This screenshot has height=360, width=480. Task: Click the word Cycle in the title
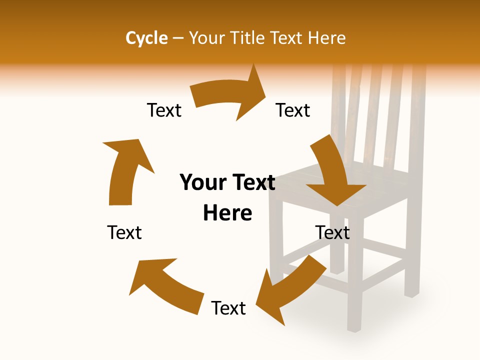146,38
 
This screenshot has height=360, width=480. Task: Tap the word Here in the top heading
325,38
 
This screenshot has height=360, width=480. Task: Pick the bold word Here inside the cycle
227,213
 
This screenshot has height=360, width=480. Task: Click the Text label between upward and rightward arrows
164,110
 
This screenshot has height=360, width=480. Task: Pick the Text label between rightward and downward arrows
293,110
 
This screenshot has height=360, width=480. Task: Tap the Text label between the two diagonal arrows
228,308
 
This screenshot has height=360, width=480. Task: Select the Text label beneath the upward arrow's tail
124,232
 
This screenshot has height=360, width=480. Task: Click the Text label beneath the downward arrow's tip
332,232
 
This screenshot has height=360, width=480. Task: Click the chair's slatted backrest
380,120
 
